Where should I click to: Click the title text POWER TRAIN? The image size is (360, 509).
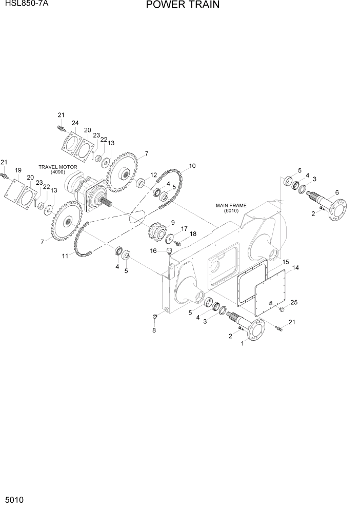pyautogui.click(x=183, y=5)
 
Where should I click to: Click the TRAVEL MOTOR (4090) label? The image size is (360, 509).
pyautogui.click(x=57, y=169)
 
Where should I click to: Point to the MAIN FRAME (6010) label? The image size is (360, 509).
pyautogui.click(x=231, y=208)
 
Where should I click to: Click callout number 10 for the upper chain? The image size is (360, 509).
pyautogui.click(x=192, y=166)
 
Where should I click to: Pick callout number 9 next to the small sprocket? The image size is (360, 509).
pyautogui.click(x=172, y=222)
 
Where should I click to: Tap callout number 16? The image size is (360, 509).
pyautogui.click(x=153, y=250)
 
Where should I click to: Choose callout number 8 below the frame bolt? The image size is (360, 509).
pyautogui.click(x=153, y=330)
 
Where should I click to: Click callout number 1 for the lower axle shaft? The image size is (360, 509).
pyautogui.click(x=242, y=345)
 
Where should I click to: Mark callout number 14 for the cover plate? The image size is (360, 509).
pyautogui.click(x=295, y=268)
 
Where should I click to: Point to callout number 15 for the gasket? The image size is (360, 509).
pyautogui.click(x=286, y=262)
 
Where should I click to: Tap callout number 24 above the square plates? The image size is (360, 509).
pyautogui.click(x=75, y=123)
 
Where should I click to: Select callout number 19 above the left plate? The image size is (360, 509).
pyautogui.click(x=17, y=170)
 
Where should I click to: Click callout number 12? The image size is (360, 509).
pyautogui.click(x=154, y=175)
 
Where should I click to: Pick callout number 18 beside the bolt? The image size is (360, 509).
pyautogui.click(x=193, y=234)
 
